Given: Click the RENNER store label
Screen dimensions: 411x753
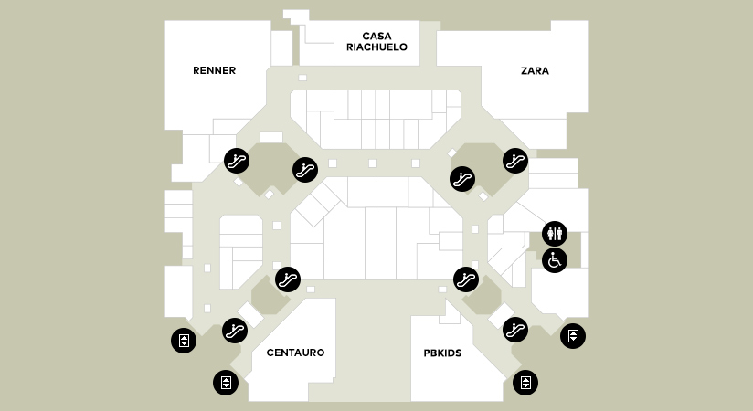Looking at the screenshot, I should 215,70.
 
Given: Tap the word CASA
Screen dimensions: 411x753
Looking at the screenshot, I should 376,36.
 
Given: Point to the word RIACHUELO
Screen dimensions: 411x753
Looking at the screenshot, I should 376,47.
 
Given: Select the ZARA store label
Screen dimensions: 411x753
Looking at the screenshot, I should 535,70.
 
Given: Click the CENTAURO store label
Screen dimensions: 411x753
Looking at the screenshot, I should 295,353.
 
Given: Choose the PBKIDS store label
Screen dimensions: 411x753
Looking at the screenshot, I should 442,353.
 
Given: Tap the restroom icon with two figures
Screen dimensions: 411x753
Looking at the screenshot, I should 555,234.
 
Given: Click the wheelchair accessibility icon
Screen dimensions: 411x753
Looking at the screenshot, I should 555,260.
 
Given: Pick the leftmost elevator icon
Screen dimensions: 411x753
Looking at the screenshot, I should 184,342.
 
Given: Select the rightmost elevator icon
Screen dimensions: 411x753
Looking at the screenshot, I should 573,336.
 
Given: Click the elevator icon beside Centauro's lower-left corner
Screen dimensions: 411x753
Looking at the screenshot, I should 226,382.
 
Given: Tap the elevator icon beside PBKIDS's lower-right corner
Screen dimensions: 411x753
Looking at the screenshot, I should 525,382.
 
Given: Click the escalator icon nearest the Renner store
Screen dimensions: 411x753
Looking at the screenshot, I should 237,161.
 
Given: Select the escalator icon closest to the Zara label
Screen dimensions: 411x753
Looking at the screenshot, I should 515,161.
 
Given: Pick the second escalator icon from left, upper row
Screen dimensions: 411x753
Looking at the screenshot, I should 304,169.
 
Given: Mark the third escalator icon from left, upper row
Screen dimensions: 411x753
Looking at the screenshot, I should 462,177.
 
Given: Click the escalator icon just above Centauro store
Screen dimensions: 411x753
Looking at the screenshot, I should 288,278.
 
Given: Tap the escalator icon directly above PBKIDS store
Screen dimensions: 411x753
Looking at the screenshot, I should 466,278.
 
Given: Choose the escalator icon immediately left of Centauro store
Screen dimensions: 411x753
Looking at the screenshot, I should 235,330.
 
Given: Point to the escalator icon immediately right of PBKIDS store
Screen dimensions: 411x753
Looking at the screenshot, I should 515,329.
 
